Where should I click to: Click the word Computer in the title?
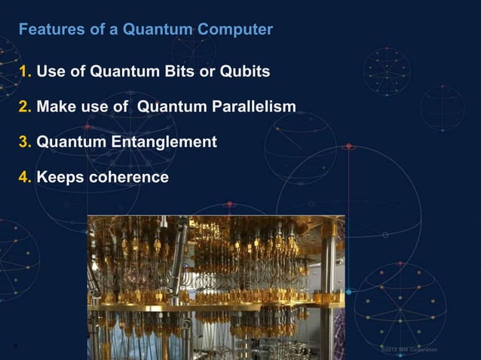[237, 30]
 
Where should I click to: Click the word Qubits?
[244, 72]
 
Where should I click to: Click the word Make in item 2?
[54, 107]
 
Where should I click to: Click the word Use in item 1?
[51, 72]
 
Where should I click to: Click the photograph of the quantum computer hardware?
[216, 286]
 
